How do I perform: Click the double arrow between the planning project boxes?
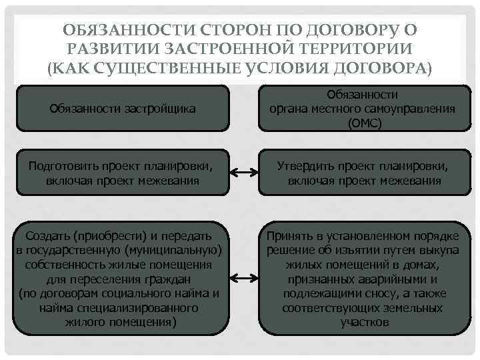tap(243, 173)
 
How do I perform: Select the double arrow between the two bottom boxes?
tap(243, 276)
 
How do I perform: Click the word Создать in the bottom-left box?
tap(47, 236)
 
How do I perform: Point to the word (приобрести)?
tap(105, 236)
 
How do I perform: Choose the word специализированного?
tap(141, 309)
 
